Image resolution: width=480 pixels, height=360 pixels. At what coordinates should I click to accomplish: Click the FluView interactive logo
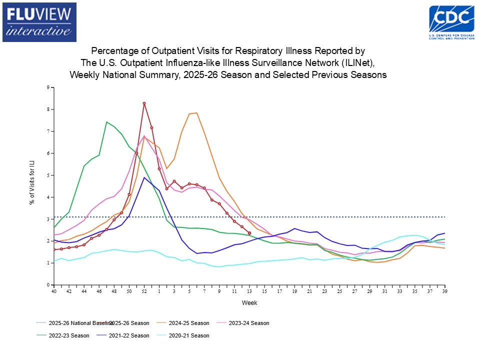(39, 22)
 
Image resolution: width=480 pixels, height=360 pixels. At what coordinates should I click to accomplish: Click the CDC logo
(452, 21)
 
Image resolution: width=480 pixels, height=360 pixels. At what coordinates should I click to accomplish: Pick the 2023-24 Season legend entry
(248, 323)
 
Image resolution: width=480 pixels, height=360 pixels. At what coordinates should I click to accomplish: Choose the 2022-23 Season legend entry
(68, 335)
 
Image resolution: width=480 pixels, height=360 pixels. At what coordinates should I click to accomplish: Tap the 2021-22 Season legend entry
(128, 335)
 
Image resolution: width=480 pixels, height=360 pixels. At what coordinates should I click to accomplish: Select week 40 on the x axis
(54, 291)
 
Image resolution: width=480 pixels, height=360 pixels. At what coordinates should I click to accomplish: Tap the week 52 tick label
(144, 291)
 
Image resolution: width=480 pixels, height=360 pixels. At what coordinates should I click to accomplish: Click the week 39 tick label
(444, 291)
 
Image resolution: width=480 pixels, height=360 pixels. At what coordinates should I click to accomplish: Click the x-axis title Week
(249, 303)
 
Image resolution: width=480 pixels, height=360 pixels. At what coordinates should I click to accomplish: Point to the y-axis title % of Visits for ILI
(31, 186)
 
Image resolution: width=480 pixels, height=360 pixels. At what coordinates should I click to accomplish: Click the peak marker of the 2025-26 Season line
(144, 103)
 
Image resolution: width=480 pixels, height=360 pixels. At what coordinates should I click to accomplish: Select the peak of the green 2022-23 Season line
(106, 122)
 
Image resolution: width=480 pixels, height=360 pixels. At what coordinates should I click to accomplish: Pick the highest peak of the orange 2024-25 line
(197, 113)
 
